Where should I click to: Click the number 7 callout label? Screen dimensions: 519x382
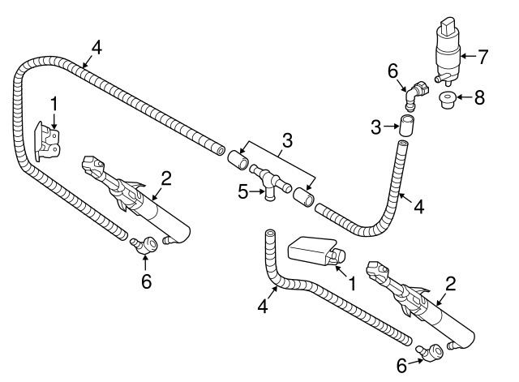tap(483, 57)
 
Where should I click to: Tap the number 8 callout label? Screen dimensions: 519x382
tap(479, 97)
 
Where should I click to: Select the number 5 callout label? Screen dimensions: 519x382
tap(243, 192)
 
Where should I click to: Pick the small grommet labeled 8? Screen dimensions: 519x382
tap(448, 99)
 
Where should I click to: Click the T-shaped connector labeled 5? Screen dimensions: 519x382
tap(270, 182)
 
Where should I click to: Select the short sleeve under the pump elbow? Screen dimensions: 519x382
tap(407, 125)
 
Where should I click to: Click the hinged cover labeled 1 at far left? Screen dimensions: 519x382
tap(47, 142)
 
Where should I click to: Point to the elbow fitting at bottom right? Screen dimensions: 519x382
tap(430, 352)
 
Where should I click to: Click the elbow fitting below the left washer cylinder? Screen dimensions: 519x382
tap(144, 245)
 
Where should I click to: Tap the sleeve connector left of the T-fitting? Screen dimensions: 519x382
tap(238, 160)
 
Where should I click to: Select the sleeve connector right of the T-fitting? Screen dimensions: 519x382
tap(303, 197)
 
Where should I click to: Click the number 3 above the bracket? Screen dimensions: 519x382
tap(287, 140)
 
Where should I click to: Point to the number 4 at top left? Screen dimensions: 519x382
tap(97, 47)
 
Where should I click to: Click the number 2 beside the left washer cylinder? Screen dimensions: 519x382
tap(165, 178)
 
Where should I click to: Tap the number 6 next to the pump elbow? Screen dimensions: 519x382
tap(392, 71)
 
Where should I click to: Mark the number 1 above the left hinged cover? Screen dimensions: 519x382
tap(54, 104)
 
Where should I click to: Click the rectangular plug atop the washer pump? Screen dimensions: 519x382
tap(449, 25)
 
